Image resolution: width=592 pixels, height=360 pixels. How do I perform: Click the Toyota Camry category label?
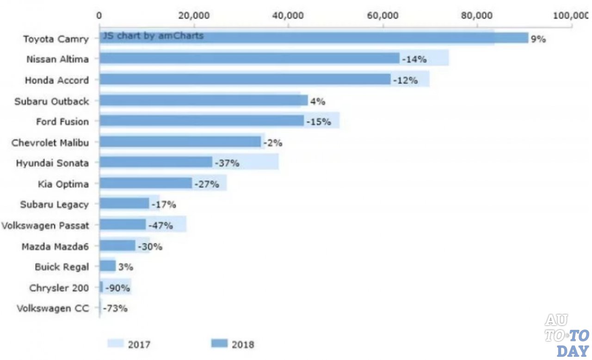click(x=56, y=38)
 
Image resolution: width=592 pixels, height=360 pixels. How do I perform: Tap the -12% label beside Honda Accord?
click(x=406, y=80)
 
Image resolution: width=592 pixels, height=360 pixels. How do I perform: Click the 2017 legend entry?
click(x=129, y=344)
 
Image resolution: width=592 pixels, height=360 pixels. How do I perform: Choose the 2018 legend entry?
click(x=233, y=344)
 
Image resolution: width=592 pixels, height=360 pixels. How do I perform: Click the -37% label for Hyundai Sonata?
click(x=227, y=163)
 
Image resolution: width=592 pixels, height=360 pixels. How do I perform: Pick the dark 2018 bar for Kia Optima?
click(x=146, y=183)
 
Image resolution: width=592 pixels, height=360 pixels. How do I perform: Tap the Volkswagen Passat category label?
click(x=45, y=225)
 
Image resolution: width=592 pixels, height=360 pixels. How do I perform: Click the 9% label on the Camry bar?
click(x=538, y=39)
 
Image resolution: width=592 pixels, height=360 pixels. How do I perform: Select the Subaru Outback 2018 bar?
click(x=203, y=100)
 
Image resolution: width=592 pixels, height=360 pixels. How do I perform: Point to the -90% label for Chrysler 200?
click(x=117, y=288)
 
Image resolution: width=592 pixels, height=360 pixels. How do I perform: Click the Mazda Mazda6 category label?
click(x=55, y=246)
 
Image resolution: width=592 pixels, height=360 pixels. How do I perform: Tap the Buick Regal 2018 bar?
click(x=107, y=266)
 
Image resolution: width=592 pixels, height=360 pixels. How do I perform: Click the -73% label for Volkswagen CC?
click(x=115, y=308)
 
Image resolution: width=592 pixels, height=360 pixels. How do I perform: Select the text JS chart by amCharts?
click(x=153, y=36)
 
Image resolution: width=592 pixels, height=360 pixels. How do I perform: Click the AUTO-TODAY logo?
click(x=566, y=335)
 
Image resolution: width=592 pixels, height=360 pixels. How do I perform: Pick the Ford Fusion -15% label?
click(x=318, y=122)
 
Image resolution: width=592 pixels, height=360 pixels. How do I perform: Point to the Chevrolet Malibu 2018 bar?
click(x=180, y=142)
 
